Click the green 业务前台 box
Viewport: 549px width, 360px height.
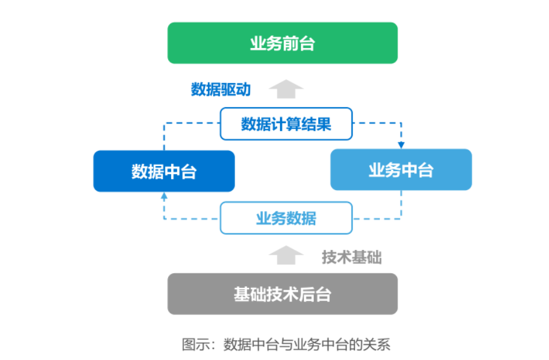click(283, 43)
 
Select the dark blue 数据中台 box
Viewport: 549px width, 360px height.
click(164, 171)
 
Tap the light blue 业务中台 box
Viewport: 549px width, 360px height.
click(401, 170)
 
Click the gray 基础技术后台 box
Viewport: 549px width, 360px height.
click(283, 294)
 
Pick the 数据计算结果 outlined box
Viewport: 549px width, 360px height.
click(286, 124)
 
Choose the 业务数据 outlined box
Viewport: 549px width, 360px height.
click(286, 218)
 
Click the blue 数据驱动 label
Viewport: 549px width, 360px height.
click(220, 89)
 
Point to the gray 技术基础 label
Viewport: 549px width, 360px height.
click(351, 257)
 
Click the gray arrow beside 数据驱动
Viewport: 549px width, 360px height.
click(286, 89)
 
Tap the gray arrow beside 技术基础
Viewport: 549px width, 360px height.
click(286, 255)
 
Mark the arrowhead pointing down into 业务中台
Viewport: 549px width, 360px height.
click(401, 145)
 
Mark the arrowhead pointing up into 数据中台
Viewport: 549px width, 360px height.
click(164, 196)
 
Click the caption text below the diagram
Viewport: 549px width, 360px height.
click(286, 343)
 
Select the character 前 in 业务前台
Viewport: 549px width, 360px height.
click(291, 44)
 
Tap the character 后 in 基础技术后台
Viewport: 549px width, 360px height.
click(307, 295)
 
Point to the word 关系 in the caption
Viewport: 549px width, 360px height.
click(376, 343)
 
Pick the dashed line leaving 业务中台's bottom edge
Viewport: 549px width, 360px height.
click(401, 203)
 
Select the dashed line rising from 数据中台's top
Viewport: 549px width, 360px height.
click(164, 137)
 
